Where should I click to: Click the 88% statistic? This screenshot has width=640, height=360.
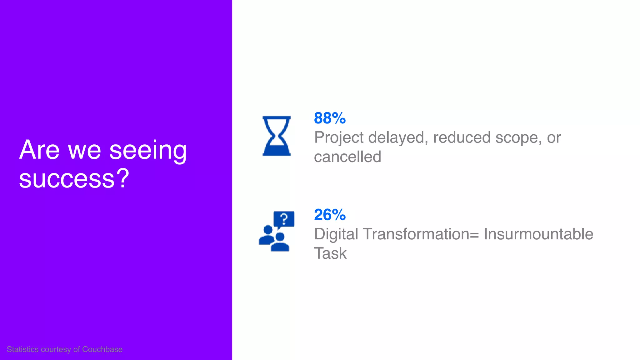(x=330, y=118)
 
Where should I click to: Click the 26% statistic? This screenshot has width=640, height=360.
(x=330, y=215)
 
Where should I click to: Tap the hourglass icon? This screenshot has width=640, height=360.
(x=277, y=136)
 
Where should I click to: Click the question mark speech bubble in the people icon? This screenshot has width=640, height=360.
(x=284, y=219)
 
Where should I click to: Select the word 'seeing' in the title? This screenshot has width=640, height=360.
(x=148, y=150)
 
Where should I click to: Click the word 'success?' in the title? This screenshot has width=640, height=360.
(x=74, y=178)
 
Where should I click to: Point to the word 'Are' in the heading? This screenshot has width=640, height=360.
(x=39, y=150)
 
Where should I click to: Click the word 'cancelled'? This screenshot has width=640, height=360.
(x=347, y=157)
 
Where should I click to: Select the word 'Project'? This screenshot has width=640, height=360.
(x=339, y=138)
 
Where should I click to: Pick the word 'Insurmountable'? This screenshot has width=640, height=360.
(x=538, y=234)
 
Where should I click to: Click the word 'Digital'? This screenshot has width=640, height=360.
(x=336, y=234)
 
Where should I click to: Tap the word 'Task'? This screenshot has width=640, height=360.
(x=330, y=253)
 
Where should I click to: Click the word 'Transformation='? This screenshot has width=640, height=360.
(x=421, y=234)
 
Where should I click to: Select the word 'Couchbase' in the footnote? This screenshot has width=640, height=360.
(x=102, y=349)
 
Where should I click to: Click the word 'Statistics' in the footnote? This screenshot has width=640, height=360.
(x=23, y=349)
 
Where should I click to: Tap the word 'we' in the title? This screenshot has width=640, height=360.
(x=84, y=150)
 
